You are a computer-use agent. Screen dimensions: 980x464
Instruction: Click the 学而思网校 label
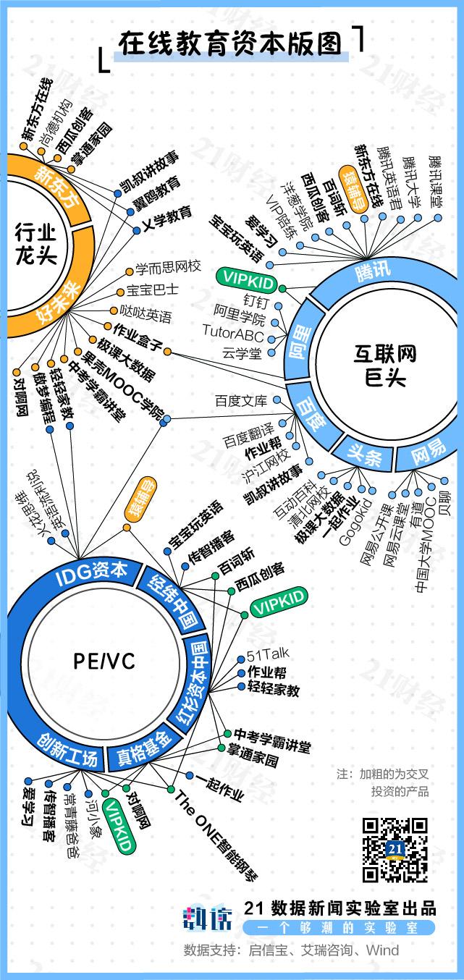tap(168, 268)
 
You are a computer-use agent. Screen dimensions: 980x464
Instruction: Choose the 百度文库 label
tap(241, 400)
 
